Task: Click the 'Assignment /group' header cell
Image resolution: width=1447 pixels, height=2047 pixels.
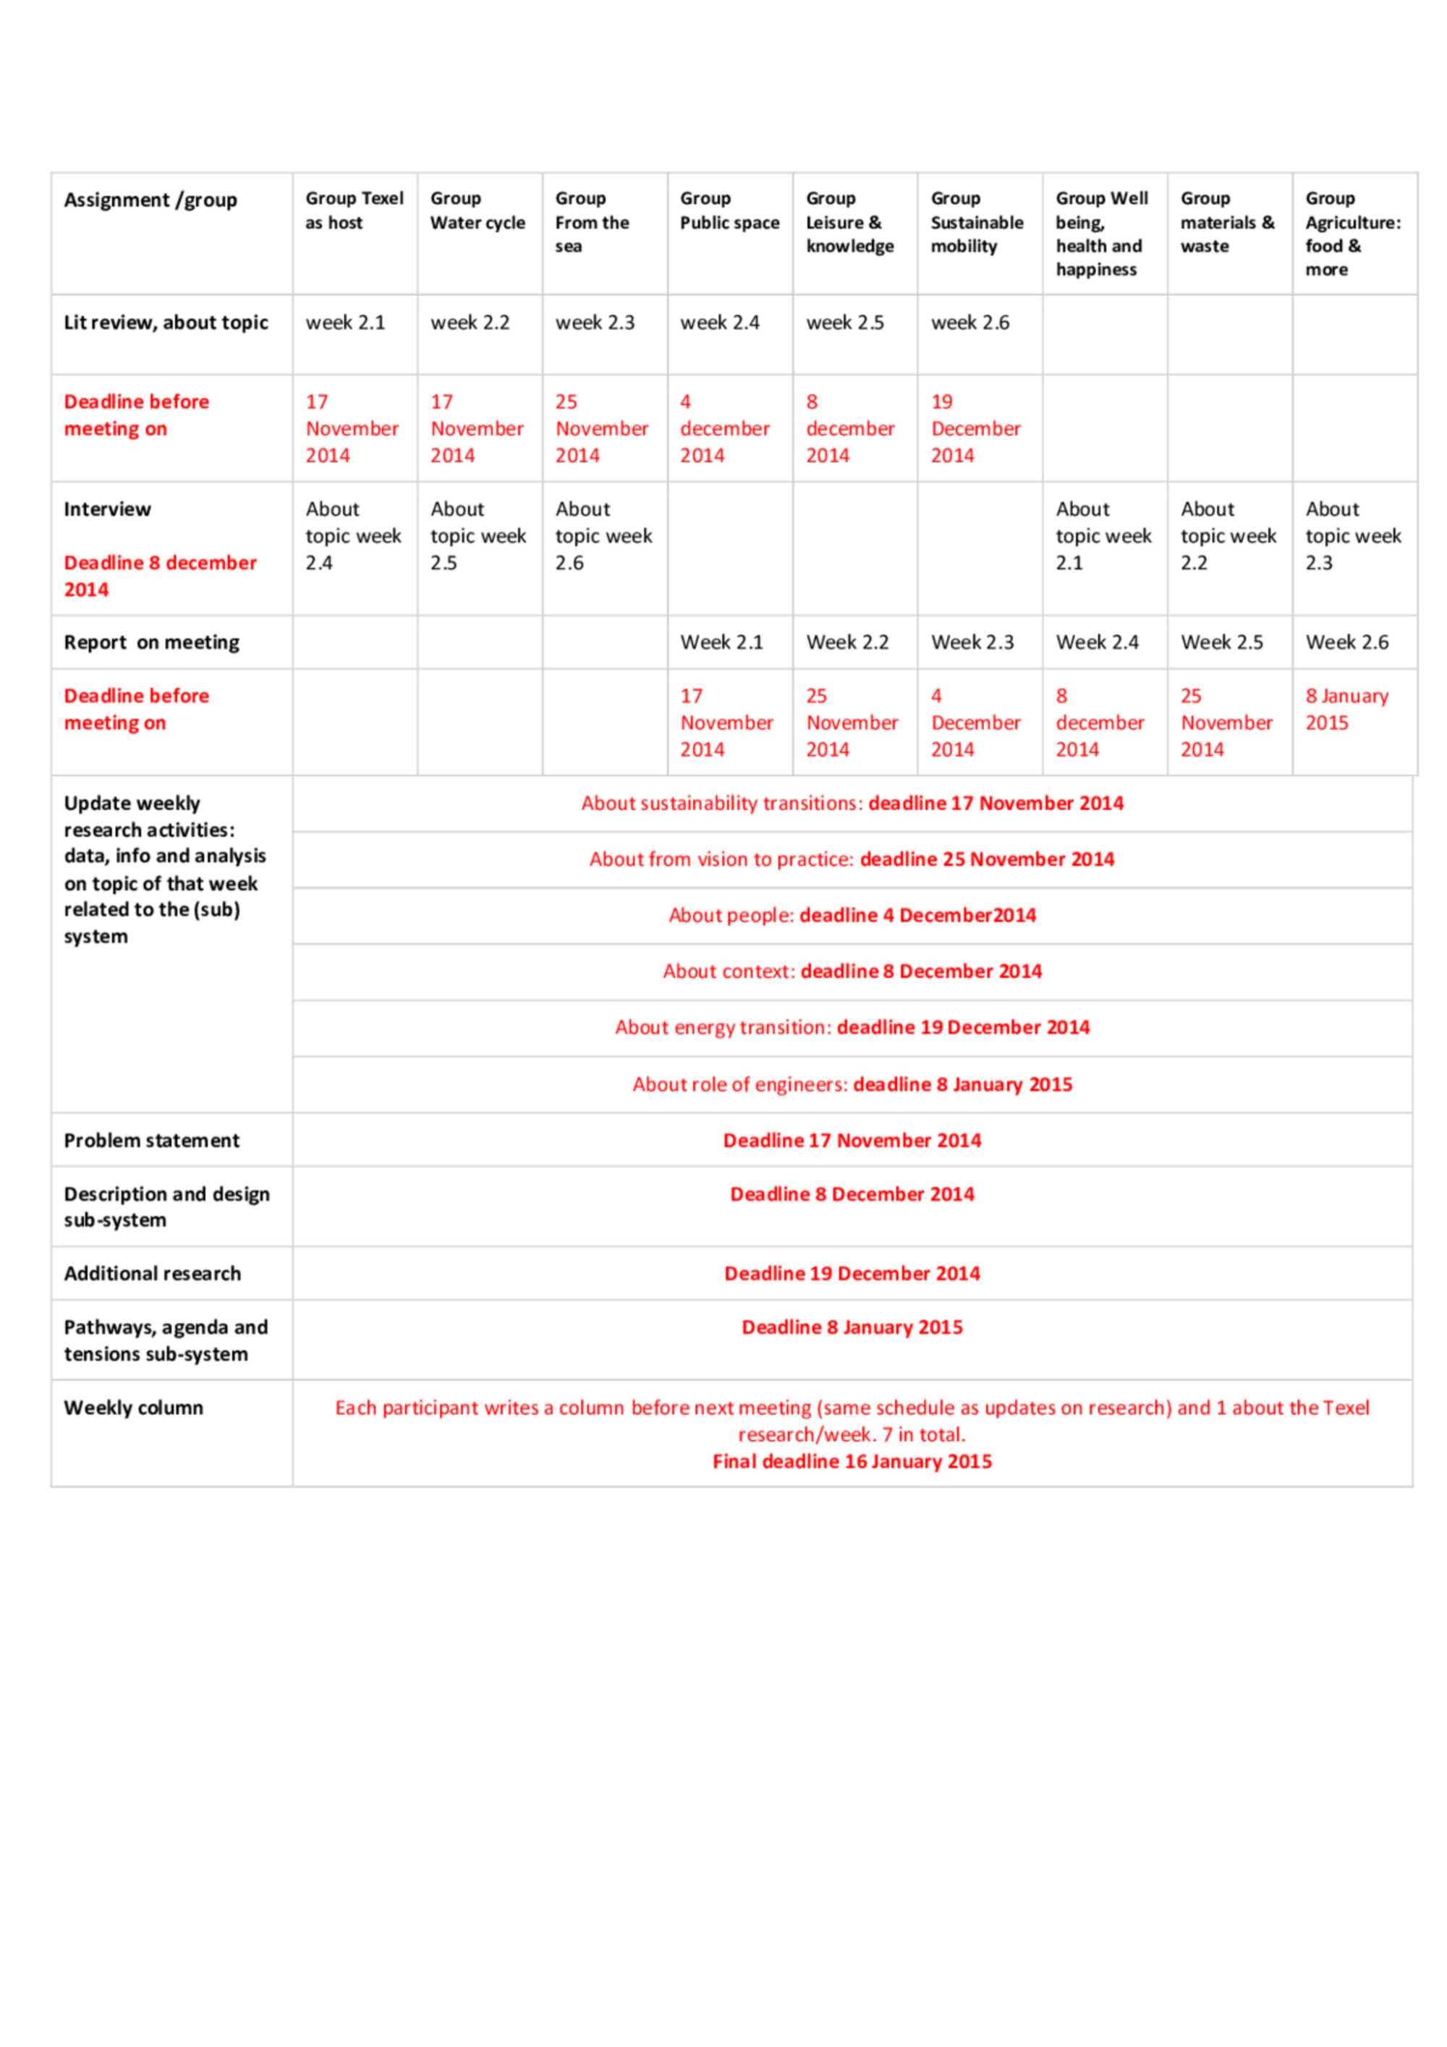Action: click(x=150, y=200)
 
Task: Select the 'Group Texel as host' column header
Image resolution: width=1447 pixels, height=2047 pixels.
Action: click(x=354, y=210)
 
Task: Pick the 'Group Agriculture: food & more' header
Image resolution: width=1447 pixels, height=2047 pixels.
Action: click(x=1351, y=234)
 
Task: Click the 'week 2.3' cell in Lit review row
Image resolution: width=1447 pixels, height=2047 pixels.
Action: click(x=595, y=323)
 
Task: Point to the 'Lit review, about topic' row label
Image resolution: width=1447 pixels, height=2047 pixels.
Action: click(x=166, y=323)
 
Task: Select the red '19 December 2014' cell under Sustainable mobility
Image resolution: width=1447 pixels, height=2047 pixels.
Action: click(x=975, y=428)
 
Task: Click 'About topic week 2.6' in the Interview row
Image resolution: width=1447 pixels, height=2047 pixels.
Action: click(x=603, y=535)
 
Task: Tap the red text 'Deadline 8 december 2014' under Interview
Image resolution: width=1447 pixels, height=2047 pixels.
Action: click(x=160, y=576)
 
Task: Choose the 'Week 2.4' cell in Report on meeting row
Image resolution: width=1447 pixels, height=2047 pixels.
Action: click(x=1097, y=642)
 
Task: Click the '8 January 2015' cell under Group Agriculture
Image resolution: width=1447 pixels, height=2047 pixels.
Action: click(x=1346, y=709)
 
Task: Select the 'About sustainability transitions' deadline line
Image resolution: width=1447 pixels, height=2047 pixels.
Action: click(x=852, y=804)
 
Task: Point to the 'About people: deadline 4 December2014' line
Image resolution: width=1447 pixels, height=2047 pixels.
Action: click(x=852, y=916)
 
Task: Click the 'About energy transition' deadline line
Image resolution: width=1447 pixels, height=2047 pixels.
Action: click(x=852, y=1027)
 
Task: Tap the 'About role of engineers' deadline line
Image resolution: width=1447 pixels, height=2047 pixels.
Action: click(x=852, y=1084)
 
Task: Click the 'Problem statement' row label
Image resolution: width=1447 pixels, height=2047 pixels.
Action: click(x=151, y=1140)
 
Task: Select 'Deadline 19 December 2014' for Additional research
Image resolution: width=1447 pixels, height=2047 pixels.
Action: click(x=852, y=1273)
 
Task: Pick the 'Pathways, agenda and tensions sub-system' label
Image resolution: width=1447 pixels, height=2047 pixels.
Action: click(x=166, y=1340)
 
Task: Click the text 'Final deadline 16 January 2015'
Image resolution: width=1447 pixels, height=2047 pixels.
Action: click(x=852, y=1461)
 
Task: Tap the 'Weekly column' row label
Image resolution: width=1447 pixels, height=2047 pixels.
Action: click(x=134, y=1408)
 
